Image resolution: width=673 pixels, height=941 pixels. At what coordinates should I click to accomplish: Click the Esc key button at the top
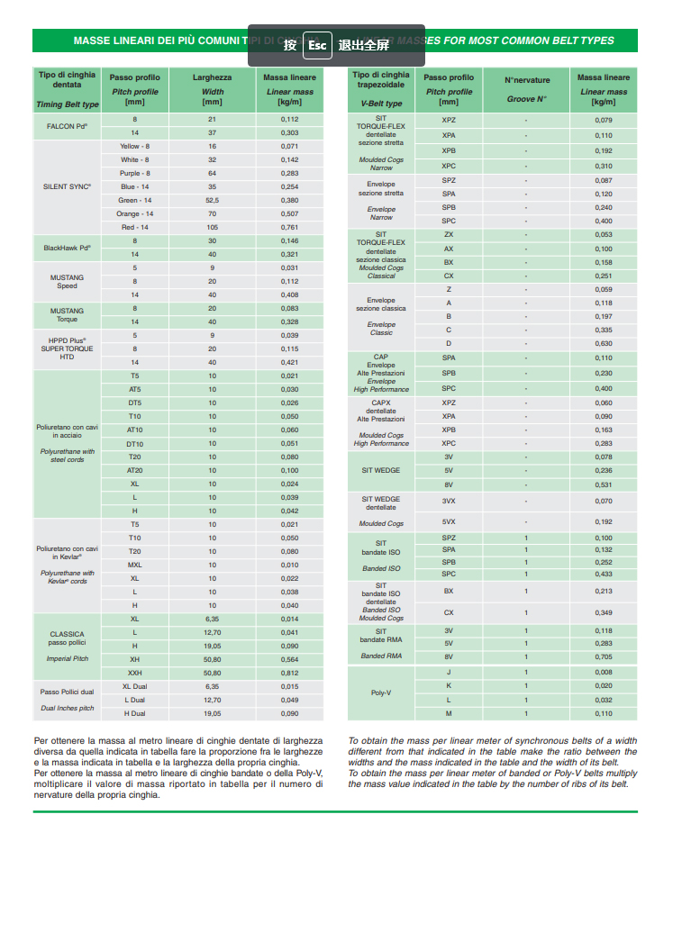pyautogui.click(x=317, y=45)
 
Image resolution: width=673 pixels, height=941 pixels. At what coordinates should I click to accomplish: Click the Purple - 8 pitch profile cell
pyautogui.click(x=135, y=173)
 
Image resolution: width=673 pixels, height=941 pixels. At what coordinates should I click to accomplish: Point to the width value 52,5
pyautogui.click(x=213, y=200)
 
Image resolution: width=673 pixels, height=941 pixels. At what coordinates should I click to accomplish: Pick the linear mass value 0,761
pyautogui.click(x=289, y=228)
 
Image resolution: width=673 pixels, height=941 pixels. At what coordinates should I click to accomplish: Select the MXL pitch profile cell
pyautogui.click(x=135, y=565)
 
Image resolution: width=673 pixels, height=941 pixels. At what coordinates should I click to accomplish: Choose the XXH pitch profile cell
pyautogui.click(x=135, y=673)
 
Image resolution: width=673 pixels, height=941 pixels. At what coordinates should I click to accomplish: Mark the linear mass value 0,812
pyautogui.click(x=289, y=673)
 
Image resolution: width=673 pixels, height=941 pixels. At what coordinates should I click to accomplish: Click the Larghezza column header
pyautogui.click(x=213, y=77)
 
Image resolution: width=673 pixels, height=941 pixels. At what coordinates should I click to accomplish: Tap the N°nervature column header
pyautogui.click(x=527, y=80)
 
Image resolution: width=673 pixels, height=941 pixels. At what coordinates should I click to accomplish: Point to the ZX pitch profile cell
pyautogui.click(x=449, y=234)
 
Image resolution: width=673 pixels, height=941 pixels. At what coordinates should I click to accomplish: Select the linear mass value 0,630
pyautogui.click(x=604, y=343)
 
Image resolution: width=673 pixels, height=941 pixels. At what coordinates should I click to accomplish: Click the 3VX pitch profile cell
pyautogui.click(x=449, y=501)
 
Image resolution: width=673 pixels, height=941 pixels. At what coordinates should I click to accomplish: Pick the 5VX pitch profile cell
pyautogui.click(x=449, y=521)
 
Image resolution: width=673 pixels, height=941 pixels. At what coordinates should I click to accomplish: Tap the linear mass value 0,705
pyautogui.click(x=604, y=657)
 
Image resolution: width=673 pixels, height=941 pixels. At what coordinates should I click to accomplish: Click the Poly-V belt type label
pyautogui.click(x=380, y=692)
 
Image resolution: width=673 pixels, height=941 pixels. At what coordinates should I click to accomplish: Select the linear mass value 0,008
pyautogui.click(x=604, y=673)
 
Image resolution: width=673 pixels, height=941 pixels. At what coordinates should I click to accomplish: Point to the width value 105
pyautogui.click(x=213, y=228)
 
